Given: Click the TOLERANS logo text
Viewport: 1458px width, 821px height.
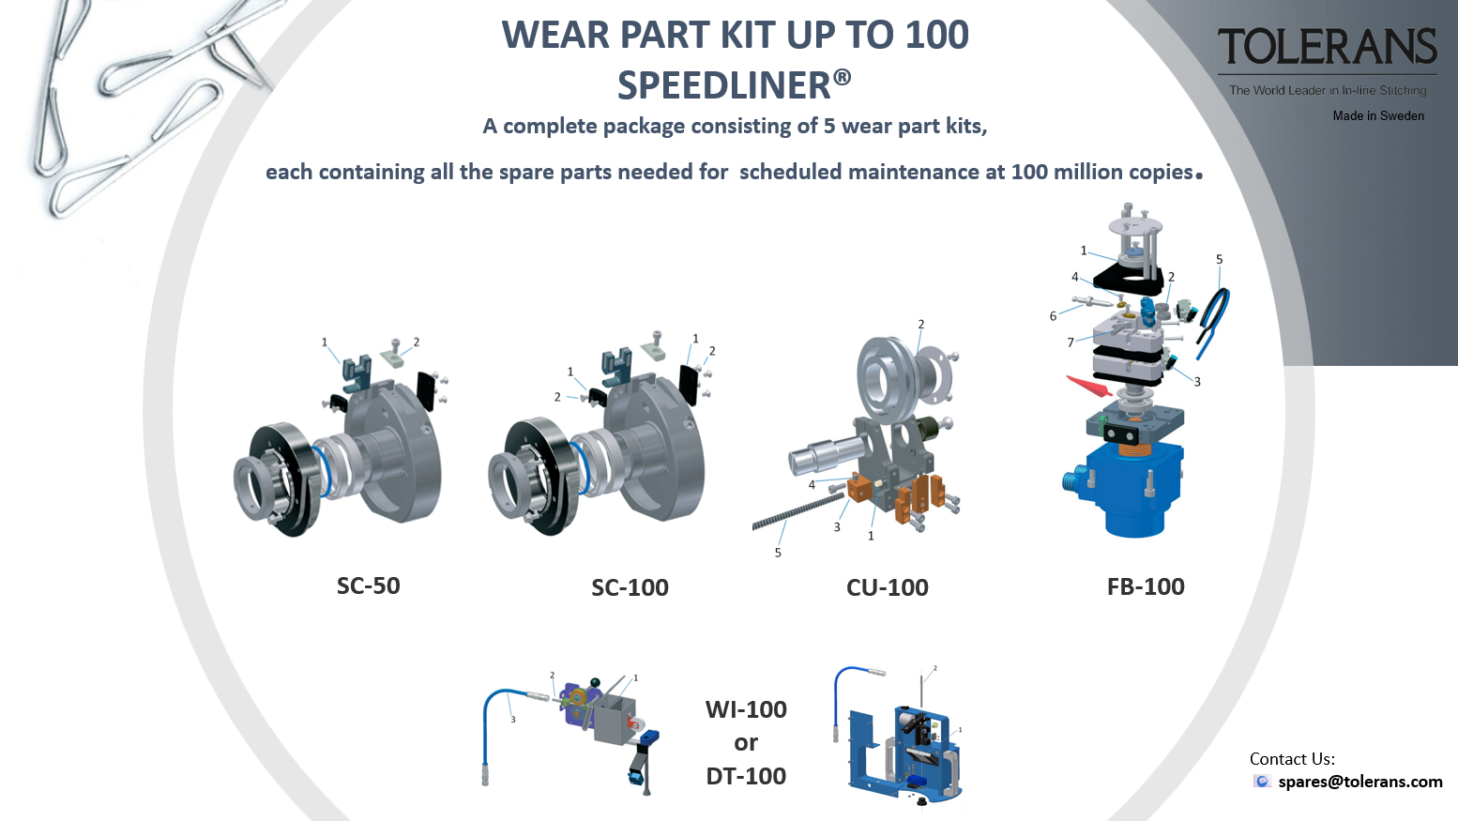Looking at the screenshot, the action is click(x=1328, y=46).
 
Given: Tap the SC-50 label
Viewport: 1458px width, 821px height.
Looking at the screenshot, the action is click(x=369, y=585).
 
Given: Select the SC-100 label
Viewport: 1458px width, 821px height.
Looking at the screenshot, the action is click(x=630, y=587).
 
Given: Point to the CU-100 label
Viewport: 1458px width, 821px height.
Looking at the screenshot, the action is click(x=888, y=587).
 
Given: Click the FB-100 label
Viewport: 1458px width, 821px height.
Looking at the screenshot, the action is click(x=1146, y=586).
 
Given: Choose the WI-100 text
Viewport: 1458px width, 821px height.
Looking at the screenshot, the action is click(x=746, y=709).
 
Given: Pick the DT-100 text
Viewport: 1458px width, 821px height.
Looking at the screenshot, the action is click(x=746, y=776).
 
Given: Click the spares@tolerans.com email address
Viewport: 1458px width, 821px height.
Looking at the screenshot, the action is click(x=1359, y=782).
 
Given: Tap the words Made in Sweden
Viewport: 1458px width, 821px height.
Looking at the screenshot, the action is click(x=1378, y=116).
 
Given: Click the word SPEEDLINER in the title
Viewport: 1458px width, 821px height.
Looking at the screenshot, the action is click(x=724, y=85).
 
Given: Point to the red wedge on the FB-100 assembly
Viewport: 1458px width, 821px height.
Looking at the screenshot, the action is click(x=1089, y=386).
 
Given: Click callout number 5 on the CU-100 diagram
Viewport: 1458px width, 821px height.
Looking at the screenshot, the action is click(x=778, y=553).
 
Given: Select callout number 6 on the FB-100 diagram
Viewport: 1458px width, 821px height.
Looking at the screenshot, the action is click(x=1053, y=316).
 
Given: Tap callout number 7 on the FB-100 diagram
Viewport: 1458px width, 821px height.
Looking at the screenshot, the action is click(x=1071, y=342).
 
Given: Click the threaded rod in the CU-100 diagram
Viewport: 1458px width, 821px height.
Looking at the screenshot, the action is click(x=798, y=511).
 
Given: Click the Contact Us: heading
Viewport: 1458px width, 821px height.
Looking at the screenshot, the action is click(x=1292, y=759).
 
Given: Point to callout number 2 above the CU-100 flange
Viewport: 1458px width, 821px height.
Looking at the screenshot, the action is click(x=921, y=325).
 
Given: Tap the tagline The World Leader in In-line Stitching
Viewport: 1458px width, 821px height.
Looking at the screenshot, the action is click(x=1328, y=90).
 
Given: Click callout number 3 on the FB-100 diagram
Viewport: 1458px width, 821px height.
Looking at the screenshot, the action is click(x=1197, y=382).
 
